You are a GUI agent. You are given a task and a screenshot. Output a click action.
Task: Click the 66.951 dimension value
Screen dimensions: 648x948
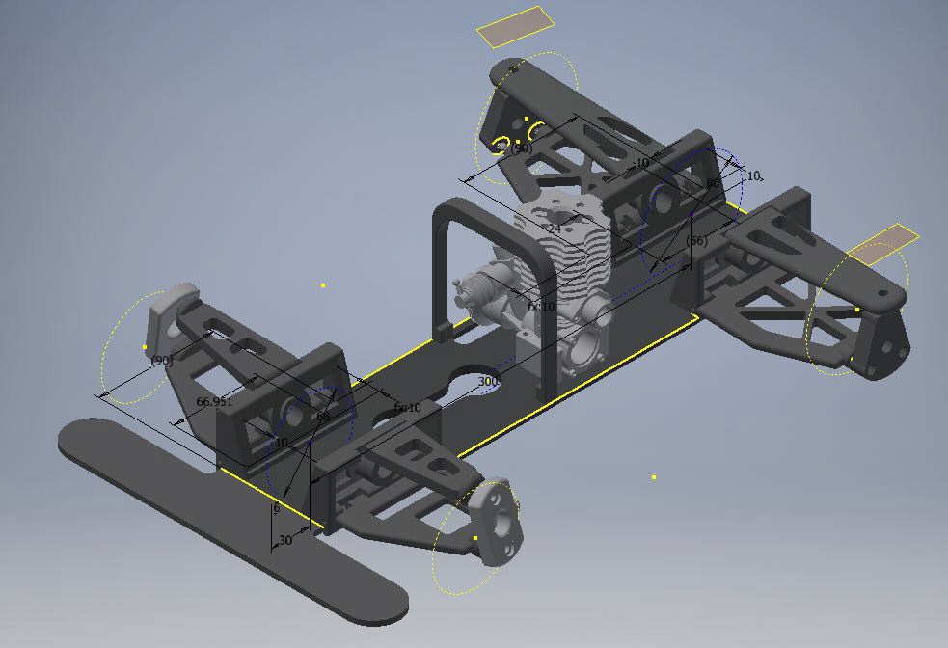coord(214,401)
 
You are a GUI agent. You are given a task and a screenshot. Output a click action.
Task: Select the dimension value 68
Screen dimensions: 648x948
coord(323,417)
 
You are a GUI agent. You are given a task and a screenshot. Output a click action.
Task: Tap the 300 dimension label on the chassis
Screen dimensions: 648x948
coord(487,382)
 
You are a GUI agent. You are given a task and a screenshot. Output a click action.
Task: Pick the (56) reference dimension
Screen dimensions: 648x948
coord(696,240)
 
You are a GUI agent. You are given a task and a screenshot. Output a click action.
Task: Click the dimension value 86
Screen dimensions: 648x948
coord(713,183)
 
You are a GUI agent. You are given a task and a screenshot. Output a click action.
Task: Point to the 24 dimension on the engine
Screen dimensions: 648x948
coord(554,229)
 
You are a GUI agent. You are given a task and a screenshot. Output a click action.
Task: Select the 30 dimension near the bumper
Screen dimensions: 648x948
coord(285,541)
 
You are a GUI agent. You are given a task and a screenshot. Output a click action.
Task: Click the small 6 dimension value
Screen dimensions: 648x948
coord(276,508)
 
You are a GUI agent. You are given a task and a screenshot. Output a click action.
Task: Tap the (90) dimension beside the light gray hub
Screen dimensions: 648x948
coord(161,360)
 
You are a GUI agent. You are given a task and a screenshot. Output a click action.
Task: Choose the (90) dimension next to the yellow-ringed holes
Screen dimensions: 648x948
coord(521,148)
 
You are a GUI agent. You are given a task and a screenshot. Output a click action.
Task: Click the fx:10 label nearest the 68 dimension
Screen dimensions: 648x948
coord(408,408)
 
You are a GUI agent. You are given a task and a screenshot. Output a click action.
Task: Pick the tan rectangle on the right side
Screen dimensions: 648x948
coord(881,245)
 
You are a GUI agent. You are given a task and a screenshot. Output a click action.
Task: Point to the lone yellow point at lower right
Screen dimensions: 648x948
coord(654,476)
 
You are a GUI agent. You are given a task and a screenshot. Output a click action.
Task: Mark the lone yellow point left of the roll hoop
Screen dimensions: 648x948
coord(323,285)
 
